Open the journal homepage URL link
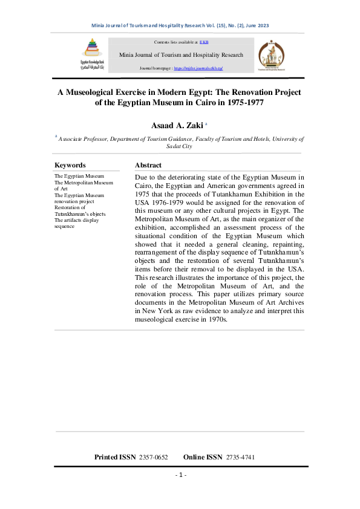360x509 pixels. point(198,69)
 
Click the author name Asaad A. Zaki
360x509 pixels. point(176,125)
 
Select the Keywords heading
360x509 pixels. point(70,165)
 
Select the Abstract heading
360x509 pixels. point(148,165)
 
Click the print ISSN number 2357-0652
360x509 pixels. point(153,457)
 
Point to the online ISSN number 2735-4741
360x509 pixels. point(240,457)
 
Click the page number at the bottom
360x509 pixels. point(180,475)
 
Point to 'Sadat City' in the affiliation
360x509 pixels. point(180,146)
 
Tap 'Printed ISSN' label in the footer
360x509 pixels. point(115,457)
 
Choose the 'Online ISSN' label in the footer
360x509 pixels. point(203,457)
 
